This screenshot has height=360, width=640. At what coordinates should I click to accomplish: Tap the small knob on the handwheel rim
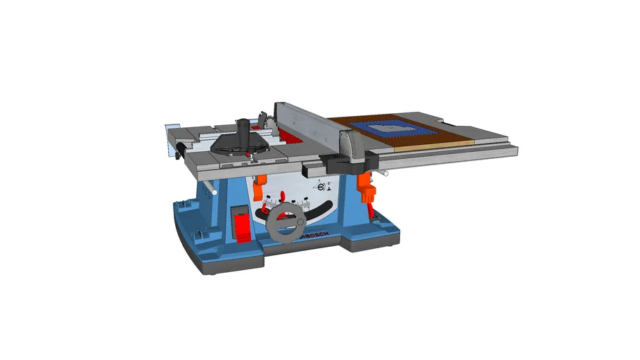(x=300, y=222)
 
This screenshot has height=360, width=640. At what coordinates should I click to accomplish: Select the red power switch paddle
(x=241, y=228)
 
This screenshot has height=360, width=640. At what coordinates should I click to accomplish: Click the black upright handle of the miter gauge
(x=244, y=130)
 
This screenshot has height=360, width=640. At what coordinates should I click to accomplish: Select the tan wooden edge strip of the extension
(x=435, y=146)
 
